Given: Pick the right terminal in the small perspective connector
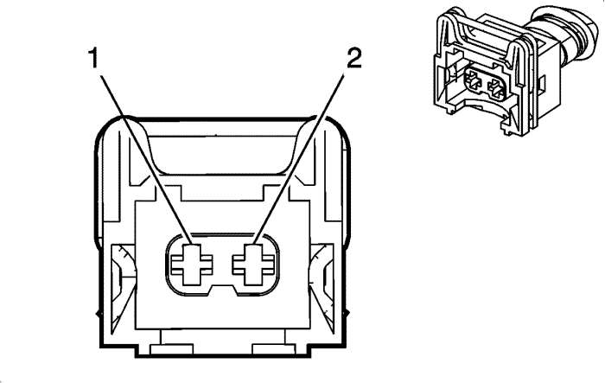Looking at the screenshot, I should tap(498, 88).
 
